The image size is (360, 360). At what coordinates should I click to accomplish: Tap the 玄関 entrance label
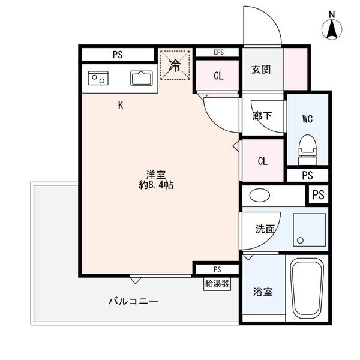coord(261,69)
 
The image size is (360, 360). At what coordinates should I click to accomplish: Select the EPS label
coord(218,52)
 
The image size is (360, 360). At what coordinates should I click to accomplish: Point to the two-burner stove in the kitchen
coord(97,79)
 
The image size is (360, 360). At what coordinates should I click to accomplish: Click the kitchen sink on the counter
coord(142,79)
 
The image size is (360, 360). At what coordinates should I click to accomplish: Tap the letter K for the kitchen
coord(121,106)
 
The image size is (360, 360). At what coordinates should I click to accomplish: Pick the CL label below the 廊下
coord(262,161)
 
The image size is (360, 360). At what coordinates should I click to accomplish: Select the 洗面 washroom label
coord(265,229)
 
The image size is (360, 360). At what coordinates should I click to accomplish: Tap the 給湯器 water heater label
coord(217,284)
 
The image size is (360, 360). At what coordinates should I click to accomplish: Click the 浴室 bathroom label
coord(264,292)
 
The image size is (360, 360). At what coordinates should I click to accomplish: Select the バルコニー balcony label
coord(133,301)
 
